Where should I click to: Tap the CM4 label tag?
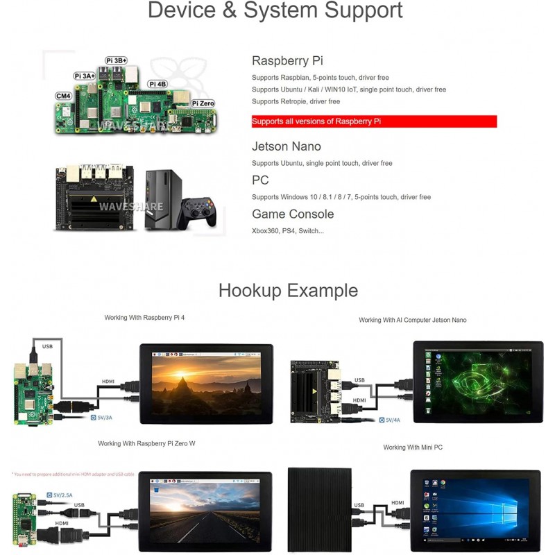(63, 96)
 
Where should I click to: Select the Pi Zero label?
(203, 103)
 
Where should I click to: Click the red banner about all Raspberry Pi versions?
(374, 121)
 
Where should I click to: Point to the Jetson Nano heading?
(286, 146)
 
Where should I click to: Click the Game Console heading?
(293, 214)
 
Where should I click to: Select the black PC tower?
(163, 200)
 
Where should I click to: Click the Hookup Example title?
(288, 290)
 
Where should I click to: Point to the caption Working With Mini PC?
(413, 447)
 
